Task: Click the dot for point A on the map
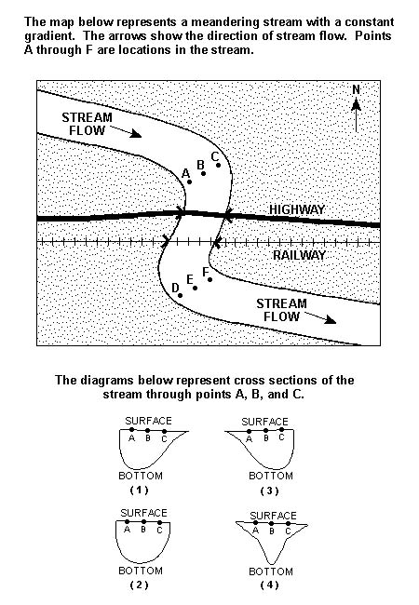(x=189, y=181)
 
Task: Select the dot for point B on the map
(x=203, y=173)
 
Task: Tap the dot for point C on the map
(x=219, y=165)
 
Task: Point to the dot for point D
(x=181, y=296)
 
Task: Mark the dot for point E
(x=195, y=288)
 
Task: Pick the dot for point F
(x=209, y=279)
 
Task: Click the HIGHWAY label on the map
(x=297, y=209)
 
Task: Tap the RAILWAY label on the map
(x=300, y=255)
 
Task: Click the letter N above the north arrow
(x=356, y=89)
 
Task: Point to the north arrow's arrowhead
(x=356, y=103)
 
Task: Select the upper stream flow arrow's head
(x=136, y=133)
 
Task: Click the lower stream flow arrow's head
(x=331, y=319)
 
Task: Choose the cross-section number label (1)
(x=139, y=490)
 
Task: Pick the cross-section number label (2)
(x=139, y=585)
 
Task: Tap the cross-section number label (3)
(x=269, y=491)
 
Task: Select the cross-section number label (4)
(x=269, y=585)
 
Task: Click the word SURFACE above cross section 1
(x=149, y=421)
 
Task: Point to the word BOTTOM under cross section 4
(x=271, y=571)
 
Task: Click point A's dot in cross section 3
(x=250, y=431)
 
